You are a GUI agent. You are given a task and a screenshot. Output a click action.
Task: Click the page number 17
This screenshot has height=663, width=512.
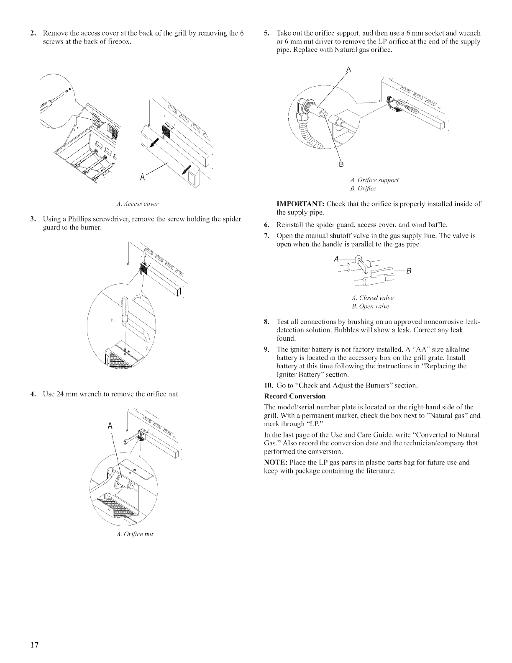point(34,644)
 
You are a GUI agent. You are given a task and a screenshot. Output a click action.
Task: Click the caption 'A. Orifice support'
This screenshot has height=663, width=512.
point(374,180)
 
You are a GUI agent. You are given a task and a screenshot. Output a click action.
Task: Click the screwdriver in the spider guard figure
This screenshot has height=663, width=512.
point(124,318)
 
